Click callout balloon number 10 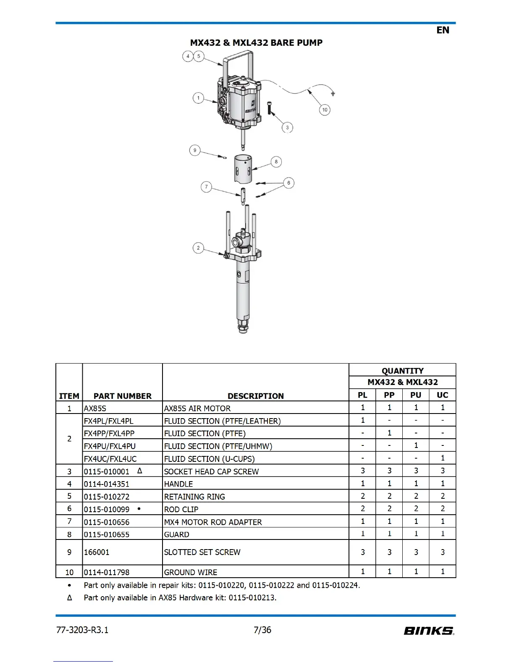tap(325, 110)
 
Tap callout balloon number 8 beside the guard tap(276, 162)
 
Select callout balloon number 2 tap(198, 248)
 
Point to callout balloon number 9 tap(195, 150)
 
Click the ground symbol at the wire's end tap(333, 94)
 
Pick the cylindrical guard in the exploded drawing tap(243, 169)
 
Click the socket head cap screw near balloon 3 tap(269, 108)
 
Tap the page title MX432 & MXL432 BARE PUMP tap(256, 43)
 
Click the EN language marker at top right tap(443, 30)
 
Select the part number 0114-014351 tap(107, 484)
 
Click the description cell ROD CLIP tap(181, 509)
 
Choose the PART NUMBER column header tap(122, 396)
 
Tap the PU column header tap(416, 395)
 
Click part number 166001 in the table tap(97, 552)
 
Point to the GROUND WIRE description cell tap(191, 572)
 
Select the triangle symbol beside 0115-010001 tap(140, 471)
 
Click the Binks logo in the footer tap(429, 631)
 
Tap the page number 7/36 tap(262, 630)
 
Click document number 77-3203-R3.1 tap(82, 630)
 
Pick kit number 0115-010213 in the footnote tap(252, 597)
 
